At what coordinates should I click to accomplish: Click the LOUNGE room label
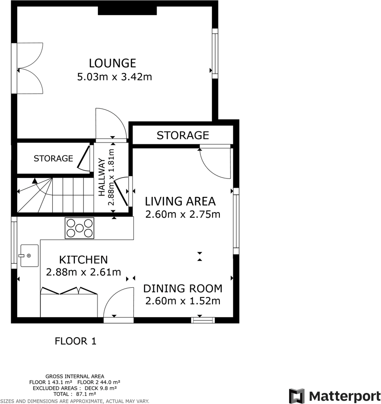[112, 63]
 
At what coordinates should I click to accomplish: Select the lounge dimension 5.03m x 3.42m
[114, 77]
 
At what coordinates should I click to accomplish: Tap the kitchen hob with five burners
[79, 228]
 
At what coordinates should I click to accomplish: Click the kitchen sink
[28, 255]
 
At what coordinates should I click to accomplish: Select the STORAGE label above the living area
[182, 135]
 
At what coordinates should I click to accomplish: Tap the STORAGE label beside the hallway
[53, 159]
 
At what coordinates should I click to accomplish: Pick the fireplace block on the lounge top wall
[127, 10]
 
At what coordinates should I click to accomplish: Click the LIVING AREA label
[180, 201]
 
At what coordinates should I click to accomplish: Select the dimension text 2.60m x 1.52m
[182, 301]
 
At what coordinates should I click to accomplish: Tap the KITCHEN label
[83, 260]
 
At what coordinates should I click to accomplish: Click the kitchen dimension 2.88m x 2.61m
[83, 272]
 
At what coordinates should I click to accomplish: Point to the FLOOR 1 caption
[75, 341]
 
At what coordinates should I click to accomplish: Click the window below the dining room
[203, 319]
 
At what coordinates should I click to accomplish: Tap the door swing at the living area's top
[215, 161]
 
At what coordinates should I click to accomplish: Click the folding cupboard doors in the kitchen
[69, 291]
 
